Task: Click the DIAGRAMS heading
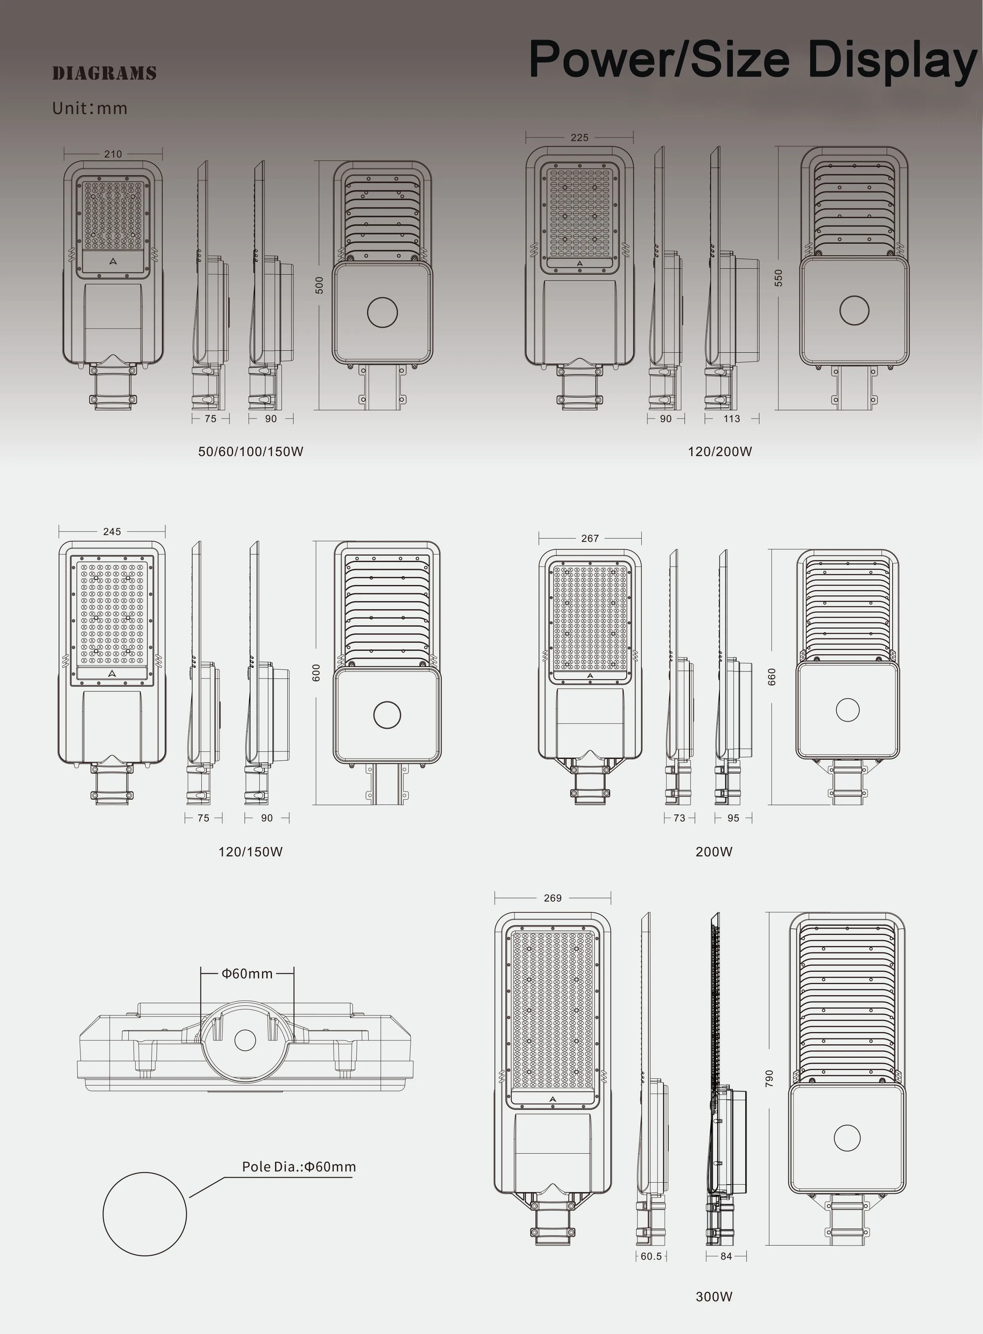[104, 73]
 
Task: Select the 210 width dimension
[113, 154]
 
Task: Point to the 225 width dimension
[579, 138]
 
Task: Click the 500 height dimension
[319, 285]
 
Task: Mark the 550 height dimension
[779, 278]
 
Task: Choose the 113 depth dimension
[732, 419]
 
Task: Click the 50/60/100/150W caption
[251, 452]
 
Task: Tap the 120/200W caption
[720, 452]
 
